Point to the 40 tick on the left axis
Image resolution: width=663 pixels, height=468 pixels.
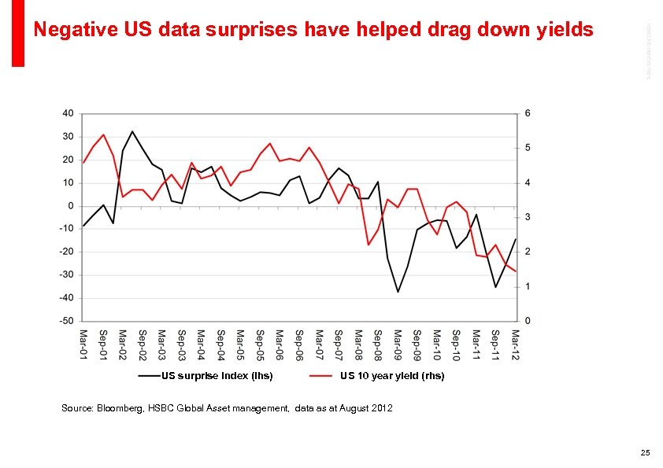pyautogui.click(x=68, y=113)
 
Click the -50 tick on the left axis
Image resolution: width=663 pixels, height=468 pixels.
pyautogui.click(x=66, y=321)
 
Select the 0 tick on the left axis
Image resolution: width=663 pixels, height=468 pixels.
pyautogui.click(x=71, y=206)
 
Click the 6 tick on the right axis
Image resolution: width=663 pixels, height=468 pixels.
pyautogui.click(x=528, y=113)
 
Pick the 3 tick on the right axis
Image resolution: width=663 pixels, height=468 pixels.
pyautogui.click(x=528, y=217)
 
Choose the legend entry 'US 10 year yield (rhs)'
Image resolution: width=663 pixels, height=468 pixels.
pyautogui.click(x=391, y=376)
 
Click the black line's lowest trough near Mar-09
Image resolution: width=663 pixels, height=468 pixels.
pyautogui.click(x=398, y=292)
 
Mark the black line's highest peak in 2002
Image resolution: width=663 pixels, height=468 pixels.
pyautogui.click(x=132, y=131)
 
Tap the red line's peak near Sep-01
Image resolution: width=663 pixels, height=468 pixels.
pyautogui.click(x=103, y=135)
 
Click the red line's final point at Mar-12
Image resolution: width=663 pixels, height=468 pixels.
pyautogui.click(x=515, y=271)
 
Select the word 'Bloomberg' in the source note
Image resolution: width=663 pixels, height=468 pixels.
pyautogui.click(x=120, y=408)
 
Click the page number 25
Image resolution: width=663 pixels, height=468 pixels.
pyautogui.click(x=645, y=452)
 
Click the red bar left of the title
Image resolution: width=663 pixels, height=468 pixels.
pyautogui.click(x=18, y=33)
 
